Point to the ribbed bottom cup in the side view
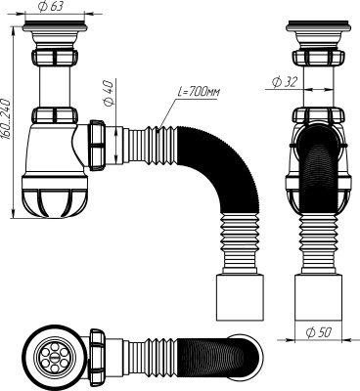coord(319,195)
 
